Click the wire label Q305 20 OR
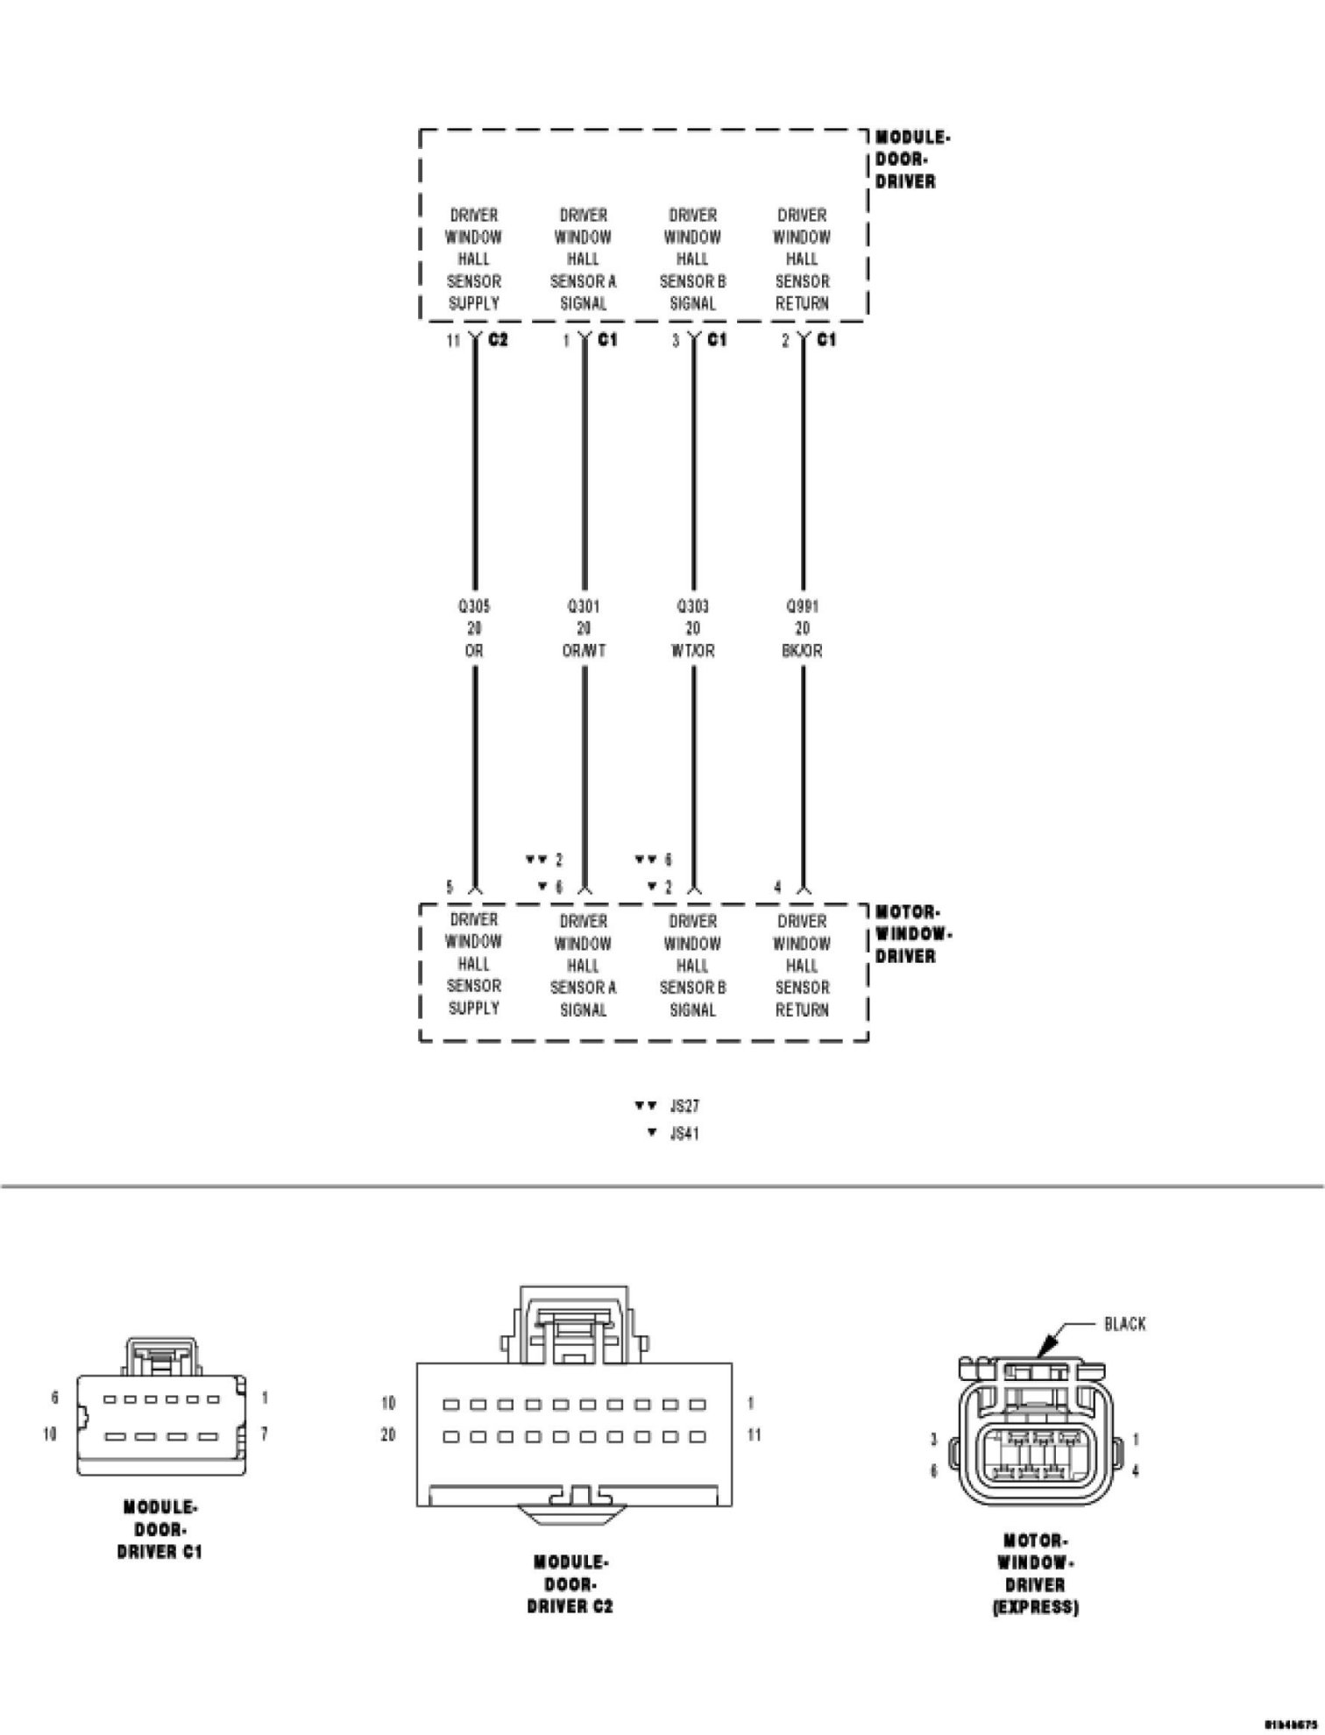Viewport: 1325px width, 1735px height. pyautogui.click(x=474, y=628)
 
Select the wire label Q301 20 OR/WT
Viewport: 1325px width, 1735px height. pyautogui.click(x=584, y=628)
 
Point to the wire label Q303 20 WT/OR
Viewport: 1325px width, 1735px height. pyautogui.click(x=693, y=628)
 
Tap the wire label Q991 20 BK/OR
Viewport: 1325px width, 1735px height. pyautogui.click(x=802, y=628)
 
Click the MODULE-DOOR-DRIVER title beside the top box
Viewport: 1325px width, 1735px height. pyautogui.click(x=910, y=159)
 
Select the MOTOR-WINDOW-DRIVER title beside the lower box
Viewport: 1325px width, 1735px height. pyautogui.click(x=912, y=934)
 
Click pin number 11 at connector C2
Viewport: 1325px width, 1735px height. pyautogui.click(x=453, y=341)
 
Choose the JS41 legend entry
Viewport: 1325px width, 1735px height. pyautogui.click(x=684, y=1133)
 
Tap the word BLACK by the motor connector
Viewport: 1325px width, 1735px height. pyautogui.click(x=1124, y=1324)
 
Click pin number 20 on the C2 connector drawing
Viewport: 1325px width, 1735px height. pyautogui.click(x=388, y=1435)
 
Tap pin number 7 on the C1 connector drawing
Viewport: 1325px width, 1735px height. pyautogui.click(x=264, y=1434)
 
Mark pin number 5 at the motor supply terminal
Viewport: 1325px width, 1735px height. pyautogui.click(x=450, y=888)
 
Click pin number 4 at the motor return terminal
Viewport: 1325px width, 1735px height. pyautogui.click(x=777, y=888)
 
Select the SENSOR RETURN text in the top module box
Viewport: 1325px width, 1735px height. pyautogui.click(x=802, y=293)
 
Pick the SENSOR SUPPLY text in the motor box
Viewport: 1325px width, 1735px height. pyautogui.click(x=473, y=997)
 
